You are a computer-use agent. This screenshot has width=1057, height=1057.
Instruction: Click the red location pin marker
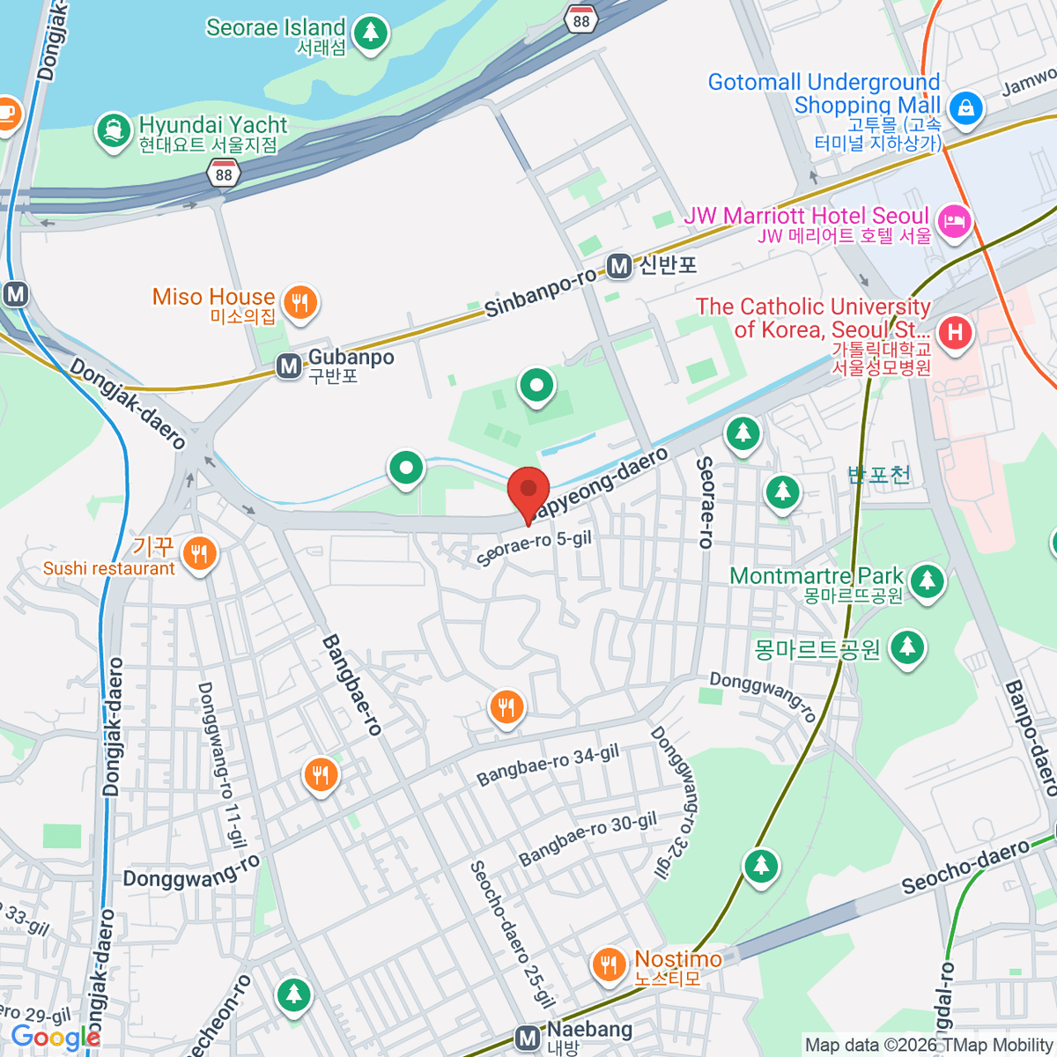pyautogui.click(x=528, y=491)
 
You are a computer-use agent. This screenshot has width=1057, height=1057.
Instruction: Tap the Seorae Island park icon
pyautogui.click(x=370, y=33)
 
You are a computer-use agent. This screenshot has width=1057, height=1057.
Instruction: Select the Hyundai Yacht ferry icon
pyautogui.click(x=113, y=131)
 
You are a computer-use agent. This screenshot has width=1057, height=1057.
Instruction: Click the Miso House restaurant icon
pyautogui.click(x=300, y=303)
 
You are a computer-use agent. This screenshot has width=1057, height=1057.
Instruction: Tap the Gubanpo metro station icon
pyautogui.click(x=288, y=366)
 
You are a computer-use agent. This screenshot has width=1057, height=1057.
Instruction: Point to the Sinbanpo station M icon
pyautogui.click(x=619, y=266)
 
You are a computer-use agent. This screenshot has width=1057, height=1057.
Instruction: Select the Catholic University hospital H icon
pyautogui.click(x=955, y=332)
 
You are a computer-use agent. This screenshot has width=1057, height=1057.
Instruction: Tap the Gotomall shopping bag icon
pyautogui.click(x=966, y=107)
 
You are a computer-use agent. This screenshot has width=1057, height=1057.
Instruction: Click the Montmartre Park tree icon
pyautogui.click(x=927, y=580)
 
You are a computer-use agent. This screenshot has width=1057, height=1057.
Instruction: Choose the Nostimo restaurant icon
pyautogui.click(x=608, y=964)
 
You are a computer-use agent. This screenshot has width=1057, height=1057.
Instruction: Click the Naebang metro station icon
pyautogui.click(x=528, y=1039)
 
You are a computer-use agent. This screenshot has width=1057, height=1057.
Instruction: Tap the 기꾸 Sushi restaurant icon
pyautogui.click(x=199, y=554)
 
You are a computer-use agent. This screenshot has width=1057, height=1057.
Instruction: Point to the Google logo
pyautogui.click(x=55, y=1038)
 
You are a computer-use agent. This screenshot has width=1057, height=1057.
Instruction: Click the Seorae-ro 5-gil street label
pyautogui.click(x=534, y=548)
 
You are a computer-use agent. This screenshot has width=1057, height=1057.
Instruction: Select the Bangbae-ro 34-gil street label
pyautogui.click(x=548, y=765)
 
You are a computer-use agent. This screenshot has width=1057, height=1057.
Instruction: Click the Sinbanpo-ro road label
pyautogui.click(x=540, y=293)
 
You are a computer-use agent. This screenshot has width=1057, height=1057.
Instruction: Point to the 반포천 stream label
pyautogui.click(x=878, y=475)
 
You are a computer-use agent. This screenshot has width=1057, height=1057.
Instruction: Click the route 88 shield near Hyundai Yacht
pyautogui.click(x=224, y=174)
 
